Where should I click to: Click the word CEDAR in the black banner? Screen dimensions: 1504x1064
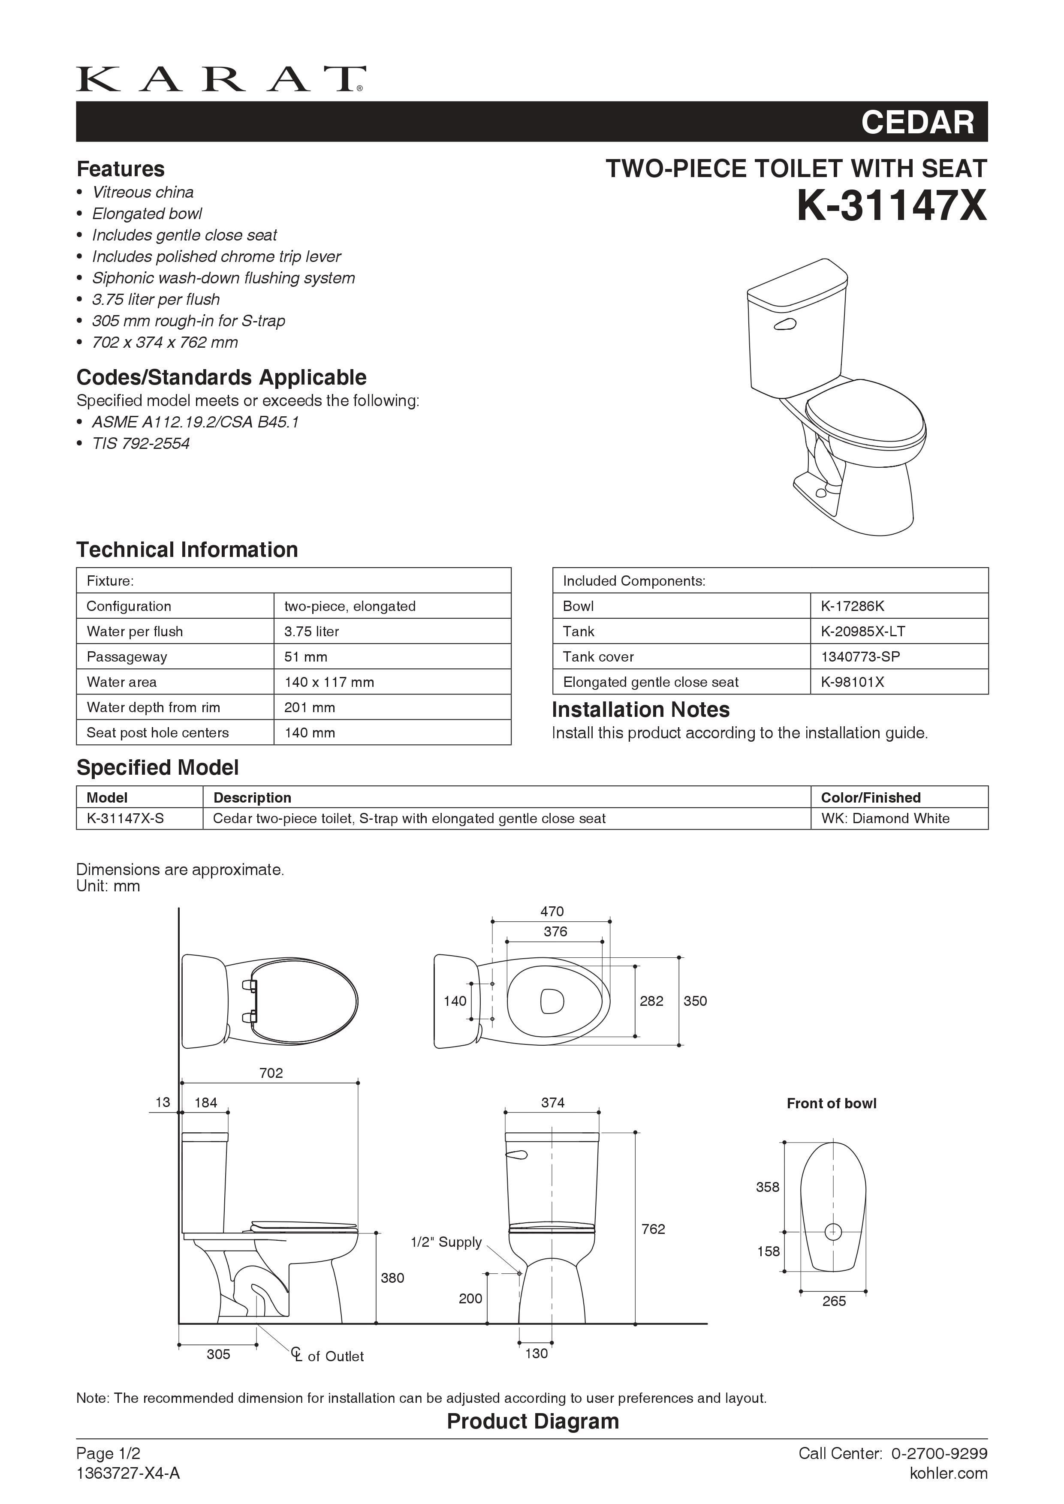click(917, 123)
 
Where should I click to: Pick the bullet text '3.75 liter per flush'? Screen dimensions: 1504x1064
click(156, 299)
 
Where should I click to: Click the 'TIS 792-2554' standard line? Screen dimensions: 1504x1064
click(141, 443)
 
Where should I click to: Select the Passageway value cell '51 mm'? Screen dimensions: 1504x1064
click(306, 656)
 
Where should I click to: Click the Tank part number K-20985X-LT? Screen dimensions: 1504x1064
click(863, 632)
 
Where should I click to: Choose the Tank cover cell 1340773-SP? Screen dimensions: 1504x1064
click(860, 656)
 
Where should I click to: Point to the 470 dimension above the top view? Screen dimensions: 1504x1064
click(552, 911)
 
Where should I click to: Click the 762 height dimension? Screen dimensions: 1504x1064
click(653, 1229)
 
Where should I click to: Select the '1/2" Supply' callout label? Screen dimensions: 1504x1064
click(446, 1242)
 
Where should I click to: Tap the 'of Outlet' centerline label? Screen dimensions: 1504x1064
click(334, 1356)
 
